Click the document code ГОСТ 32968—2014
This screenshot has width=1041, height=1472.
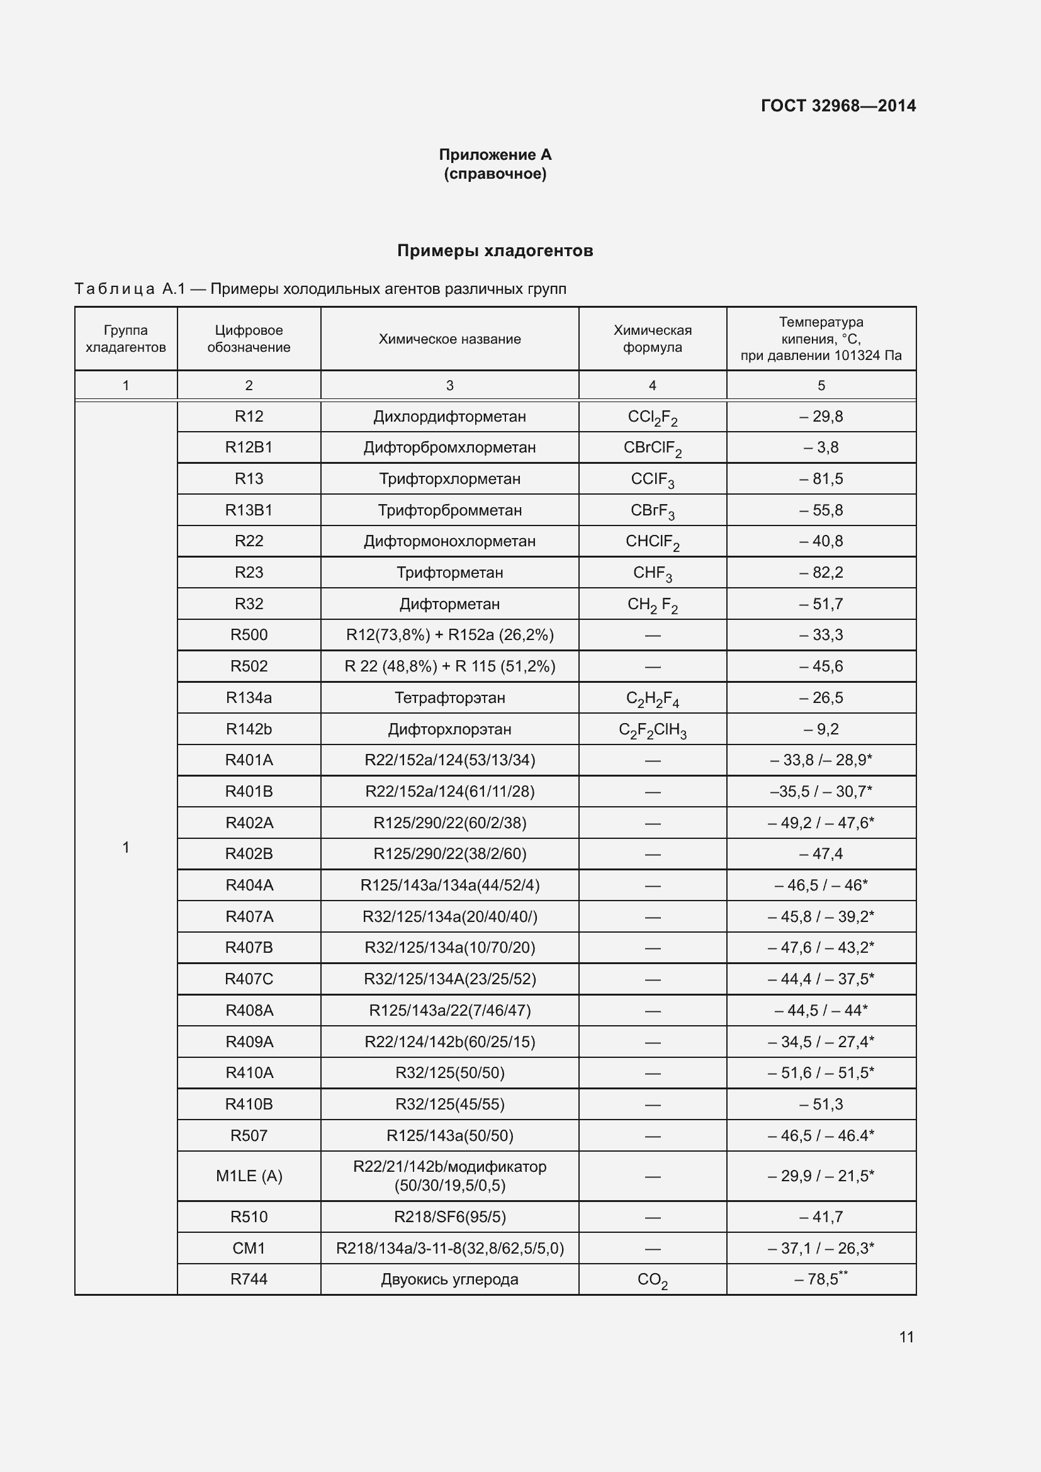tap(838, 106)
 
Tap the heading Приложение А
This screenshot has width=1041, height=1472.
tap(495, 155)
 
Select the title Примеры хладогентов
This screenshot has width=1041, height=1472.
tap(495, 250)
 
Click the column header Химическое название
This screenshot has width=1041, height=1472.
tap(449, 339)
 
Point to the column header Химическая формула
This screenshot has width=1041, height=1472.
tap(652, 339)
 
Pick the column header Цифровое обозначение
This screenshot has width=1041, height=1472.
tap(249, 339)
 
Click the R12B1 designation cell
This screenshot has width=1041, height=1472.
tap(249, 447)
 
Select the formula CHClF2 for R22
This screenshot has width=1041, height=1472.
tap(652, 542)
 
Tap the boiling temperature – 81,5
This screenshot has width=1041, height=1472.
tap(821, 479)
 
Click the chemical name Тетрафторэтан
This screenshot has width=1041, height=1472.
tap(449, 697)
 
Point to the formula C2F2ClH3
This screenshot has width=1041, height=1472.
tap(652, 729)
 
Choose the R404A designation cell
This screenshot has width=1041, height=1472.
tap(249, 885)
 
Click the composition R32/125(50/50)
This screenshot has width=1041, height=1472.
tap(449, 1072)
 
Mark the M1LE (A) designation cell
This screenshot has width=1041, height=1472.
tap(249, 1176)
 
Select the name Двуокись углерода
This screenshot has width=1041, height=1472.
tap(449, 1279)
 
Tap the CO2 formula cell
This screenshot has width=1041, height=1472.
tap(652, 1279)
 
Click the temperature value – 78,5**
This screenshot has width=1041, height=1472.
tap(821, 1279)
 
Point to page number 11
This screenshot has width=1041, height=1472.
tap(906, 1337)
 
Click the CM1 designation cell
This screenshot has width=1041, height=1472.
tap(249, 1248)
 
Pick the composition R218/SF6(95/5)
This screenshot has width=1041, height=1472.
tap(449, 1217)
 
